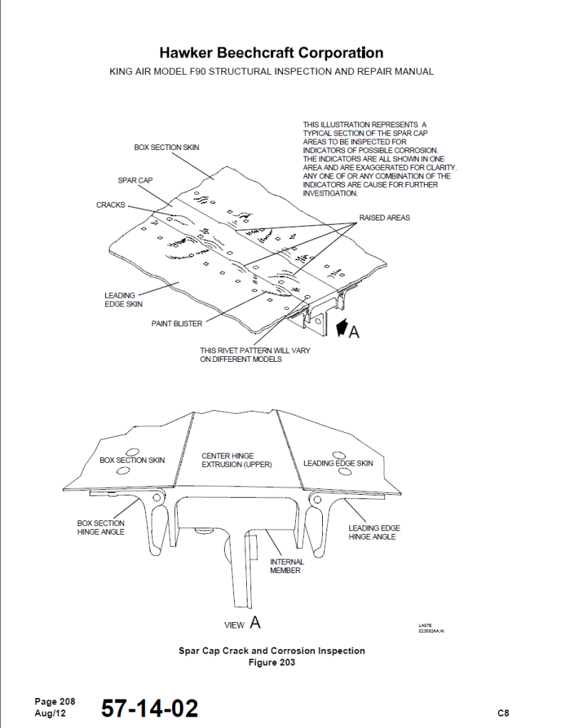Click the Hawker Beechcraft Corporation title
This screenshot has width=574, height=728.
[271, 53]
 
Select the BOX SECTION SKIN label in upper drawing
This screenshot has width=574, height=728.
[166, 147]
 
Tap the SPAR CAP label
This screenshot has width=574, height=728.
[135, 181]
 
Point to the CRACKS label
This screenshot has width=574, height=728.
[110, 205]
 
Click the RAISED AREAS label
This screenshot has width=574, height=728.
[384, 218]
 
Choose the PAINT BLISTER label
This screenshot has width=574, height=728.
[176, 323]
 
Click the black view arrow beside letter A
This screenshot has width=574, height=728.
[340, 328]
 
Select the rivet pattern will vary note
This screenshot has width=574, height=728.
[255, 355]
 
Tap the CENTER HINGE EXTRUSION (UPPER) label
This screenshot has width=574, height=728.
[237, 460]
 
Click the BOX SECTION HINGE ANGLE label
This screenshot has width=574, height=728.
[101, 528]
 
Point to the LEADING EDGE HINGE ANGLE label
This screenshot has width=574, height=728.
[374, 532]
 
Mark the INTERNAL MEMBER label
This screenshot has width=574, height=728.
[287, 566]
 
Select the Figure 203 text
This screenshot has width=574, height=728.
[271, 663]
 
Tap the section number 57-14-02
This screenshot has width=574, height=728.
[149, 708]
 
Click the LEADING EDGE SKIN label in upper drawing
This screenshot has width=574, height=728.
[123, 299]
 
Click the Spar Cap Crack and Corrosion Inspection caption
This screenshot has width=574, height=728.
[271, 651]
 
